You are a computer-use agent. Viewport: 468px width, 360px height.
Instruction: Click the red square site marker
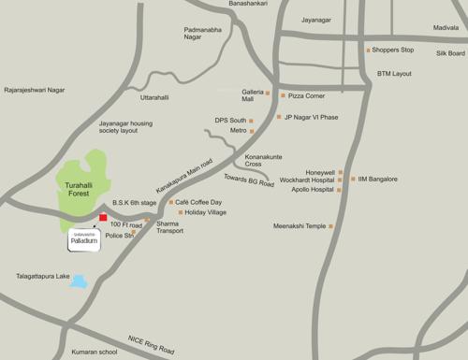tap(103, 218)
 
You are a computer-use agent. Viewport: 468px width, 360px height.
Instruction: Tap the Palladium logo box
tap(82, 238)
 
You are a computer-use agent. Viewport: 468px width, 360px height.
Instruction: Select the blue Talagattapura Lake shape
tap(80, 281)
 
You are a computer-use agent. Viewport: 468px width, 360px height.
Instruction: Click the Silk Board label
tap(449, 53)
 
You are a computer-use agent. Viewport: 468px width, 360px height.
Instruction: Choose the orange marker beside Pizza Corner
tap(282, 95)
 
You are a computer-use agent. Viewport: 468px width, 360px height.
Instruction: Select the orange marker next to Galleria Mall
tap(270, 94)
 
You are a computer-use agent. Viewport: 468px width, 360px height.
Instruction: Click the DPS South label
tap(230, 120)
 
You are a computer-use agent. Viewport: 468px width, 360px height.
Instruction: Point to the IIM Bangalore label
tap(378, 179)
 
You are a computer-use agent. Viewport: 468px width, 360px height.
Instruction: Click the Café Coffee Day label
tap(199, 202)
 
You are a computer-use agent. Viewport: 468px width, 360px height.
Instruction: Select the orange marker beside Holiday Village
tap(180, 213)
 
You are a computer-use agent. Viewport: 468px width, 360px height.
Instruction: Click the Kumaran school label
tap(93, 353)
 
